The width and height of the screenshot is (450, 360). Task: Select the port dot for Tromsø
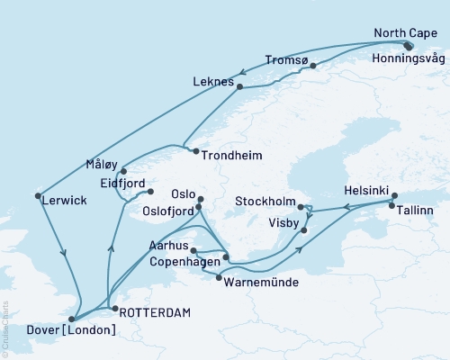(312, 65)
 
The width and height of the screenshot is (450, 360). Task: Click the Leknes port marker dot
(239, 86)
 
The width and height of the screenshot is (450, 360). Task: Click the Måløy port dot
(123, 170)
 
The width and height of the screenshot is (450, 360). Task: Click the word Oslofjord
(168, 211)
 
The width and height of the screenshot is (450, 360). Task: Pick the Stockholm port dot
(301, 206)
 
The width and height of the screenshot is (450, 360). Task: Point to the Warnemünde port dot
(219, 278)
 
